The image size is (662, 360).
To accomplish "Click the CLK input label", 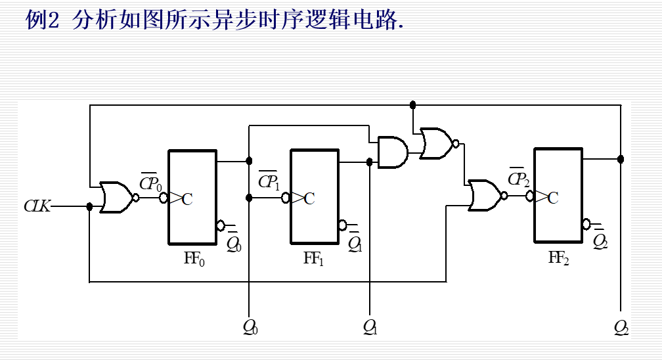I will tap(37, 206).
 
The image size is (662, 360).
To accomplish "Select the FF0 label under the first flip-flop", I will tap(194, 259).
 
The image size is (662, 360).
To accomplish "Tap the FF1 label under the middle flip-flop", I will tap(314, 259).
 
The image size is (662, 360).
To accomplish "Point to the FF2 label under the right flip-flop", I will tap(559, 258).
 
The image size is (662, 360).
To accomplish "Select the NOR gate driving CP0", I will tap(116, 197).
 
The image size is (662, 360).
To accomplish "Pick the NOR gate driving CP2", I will tap(485, 196).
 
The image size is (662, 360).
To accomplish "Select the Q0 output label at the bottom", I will tap(250, 326).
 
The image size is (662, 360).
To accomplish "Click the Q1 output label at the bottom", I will tap(370, 326).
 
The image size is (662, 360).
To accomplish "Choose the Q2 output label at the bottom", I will tap(621, 326).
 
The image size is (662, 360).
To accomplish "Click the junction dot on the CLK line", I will tap(89, 206).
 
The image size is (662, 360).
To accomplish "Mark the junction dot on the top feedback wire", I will tap(412, 104).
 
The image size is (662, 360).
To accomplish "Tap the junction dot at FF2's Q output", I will tap(621, 159).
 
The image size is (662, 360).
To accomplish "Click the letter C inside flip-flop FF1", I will tap(309, 198).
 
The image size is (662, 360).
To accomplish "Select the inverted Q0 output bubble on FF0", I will tap(221, 226).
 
